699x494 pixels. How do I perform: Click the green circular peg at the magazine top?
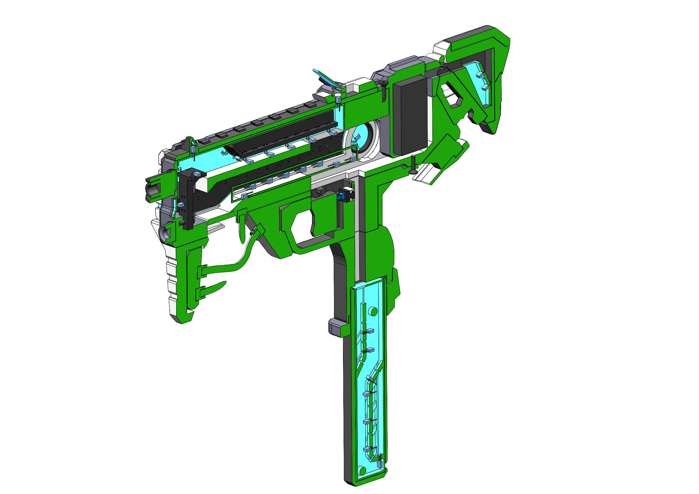[373, 311]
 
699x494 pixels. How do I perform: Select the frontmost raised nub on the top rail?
[203, 142]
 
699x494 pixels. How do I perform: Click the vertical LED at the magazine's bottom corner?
[379, 464]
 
